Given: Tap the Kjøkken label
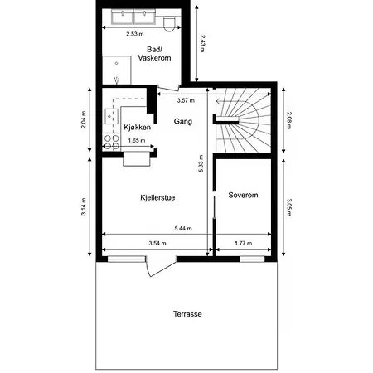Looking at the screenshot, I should [x=137, y=128].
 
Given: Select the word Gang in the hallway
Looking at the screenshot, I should [x=183, y=122].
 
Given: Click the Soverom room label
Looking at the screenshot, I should [x=244, y=196].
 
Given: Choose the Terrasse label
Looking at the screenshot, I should [x=187, y=314].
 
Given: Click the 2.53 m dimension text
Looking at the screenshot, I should [x=134, y=35].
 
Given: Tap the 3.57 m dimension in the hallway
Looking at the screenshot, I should [x=186, y=100].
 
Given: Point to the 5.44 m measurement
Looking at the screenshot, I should [x=184, y=228].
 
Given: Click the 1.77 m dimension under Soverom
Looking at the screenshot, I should [x=243, y=243].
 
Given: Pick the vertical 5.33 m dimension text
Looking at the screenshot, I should [x=201, y=166].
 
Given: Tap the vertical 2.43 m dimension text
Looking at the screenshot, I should [x=201, y=43].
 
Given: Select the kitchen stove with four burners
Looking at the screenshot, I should [x=109, y=143].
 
